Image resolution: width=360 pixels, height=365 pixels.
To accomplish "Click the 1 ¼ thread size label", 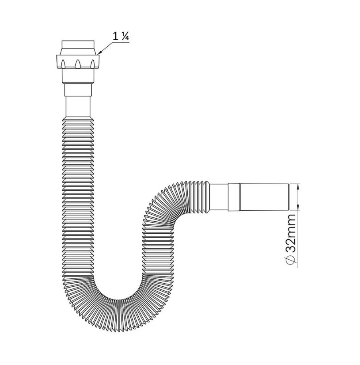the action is (121, 37).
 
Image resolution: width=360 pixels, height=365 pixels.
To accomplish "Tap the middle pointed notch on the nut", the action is (77, 63).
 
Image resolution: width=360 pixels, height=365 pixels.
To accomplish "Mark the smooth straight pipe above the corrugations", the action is (78, 107).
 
